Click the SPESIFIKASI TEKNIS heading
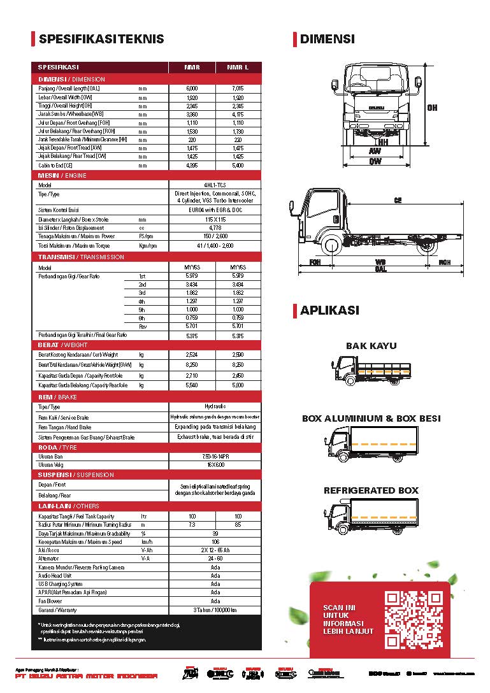pos(101,39)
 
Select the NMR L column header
pos(238,67)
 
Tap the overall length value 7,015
pos(238,88)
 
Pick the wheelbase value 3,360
pos(192,115)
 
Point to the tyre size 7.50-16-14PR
pos(214,456)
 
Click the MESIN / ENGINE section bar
pos(62,175)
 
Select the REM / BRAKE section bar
pos(57,397)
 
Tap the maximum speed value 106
pos(215,542)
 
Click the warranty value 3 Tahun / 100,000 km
pos(215,610)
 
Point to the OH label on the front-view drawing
pos(433,108)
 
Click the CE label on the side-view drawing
pos(398,200)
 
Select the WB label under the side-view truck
pos(380,262)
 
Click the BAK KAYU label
pos(371,346)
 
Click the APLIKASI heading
pos(329,311)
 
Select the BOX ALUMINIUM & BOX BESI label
pos(371,418)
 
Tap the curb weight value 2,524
pos(192,355)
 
